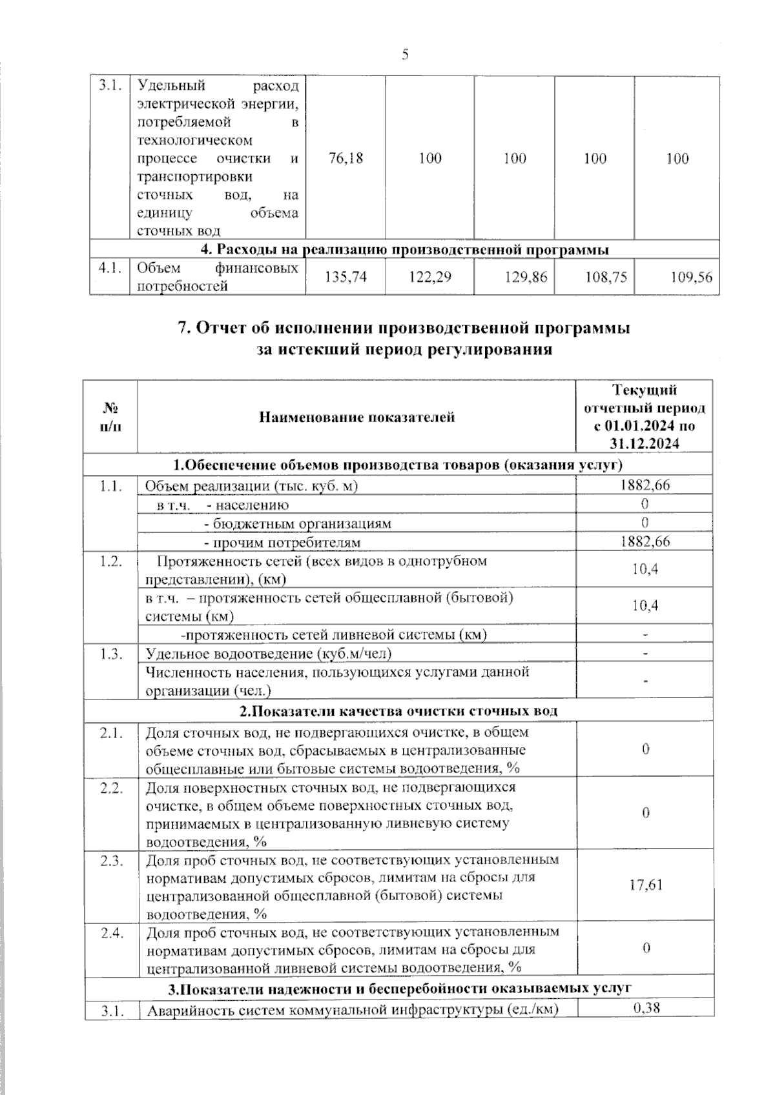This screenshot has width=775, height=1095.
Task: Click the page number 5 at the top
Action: [405, 55]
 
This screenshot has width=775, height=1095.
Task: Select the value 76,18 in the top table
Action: [346, 158]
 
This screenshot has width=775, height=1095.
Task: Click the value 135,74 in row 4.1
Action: [346, 277]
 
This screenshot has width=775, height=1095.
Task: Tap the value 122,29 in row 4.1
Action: [430, 277]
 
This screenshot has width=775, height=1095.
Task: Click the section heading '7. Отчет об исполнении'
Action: [404, 328]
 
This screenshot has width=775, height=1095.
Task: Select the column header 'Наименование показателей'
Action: [356, 417]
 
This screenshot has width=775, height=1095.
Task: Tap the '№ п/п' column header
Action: [110, 417]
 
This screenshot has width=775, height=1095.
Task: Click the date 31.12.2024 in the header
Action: [644, 443]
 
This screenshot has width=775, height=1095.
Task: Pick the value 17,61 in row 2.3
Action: [646, 885]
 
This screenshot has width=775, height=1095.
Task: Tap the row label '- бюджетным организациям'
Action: [298, 523]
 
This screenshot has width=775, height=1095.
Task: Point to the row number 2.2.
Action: [111, 788]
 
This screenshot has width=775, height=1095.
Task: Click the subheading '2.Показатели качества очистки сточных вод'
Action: [398, 711]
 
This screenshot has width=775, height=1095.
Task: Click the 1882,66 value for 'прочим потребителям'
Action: [645, 541]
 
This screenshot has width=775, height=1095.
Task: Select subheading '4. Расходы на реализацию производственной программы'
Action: [404, 250]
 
